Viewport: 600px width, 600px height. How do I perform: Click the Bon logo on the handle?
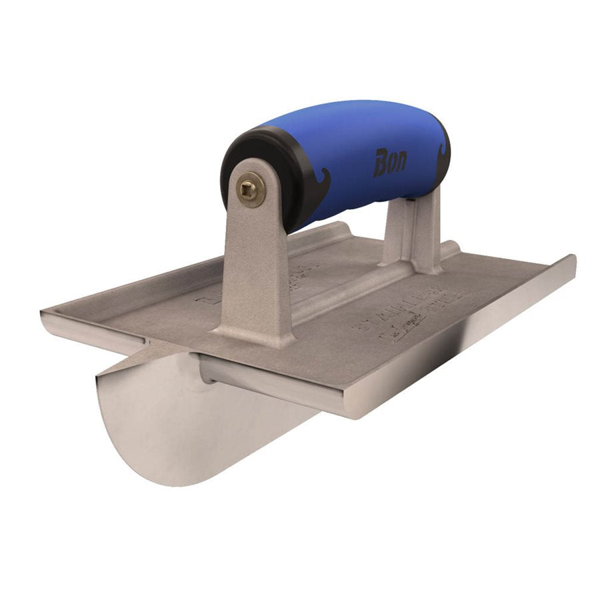(389, 163)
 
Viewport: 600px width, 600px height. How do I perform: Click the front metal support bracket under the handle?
(257, 267)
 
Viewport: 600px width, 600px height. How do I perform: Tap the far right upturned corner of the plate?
(571, 260)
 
